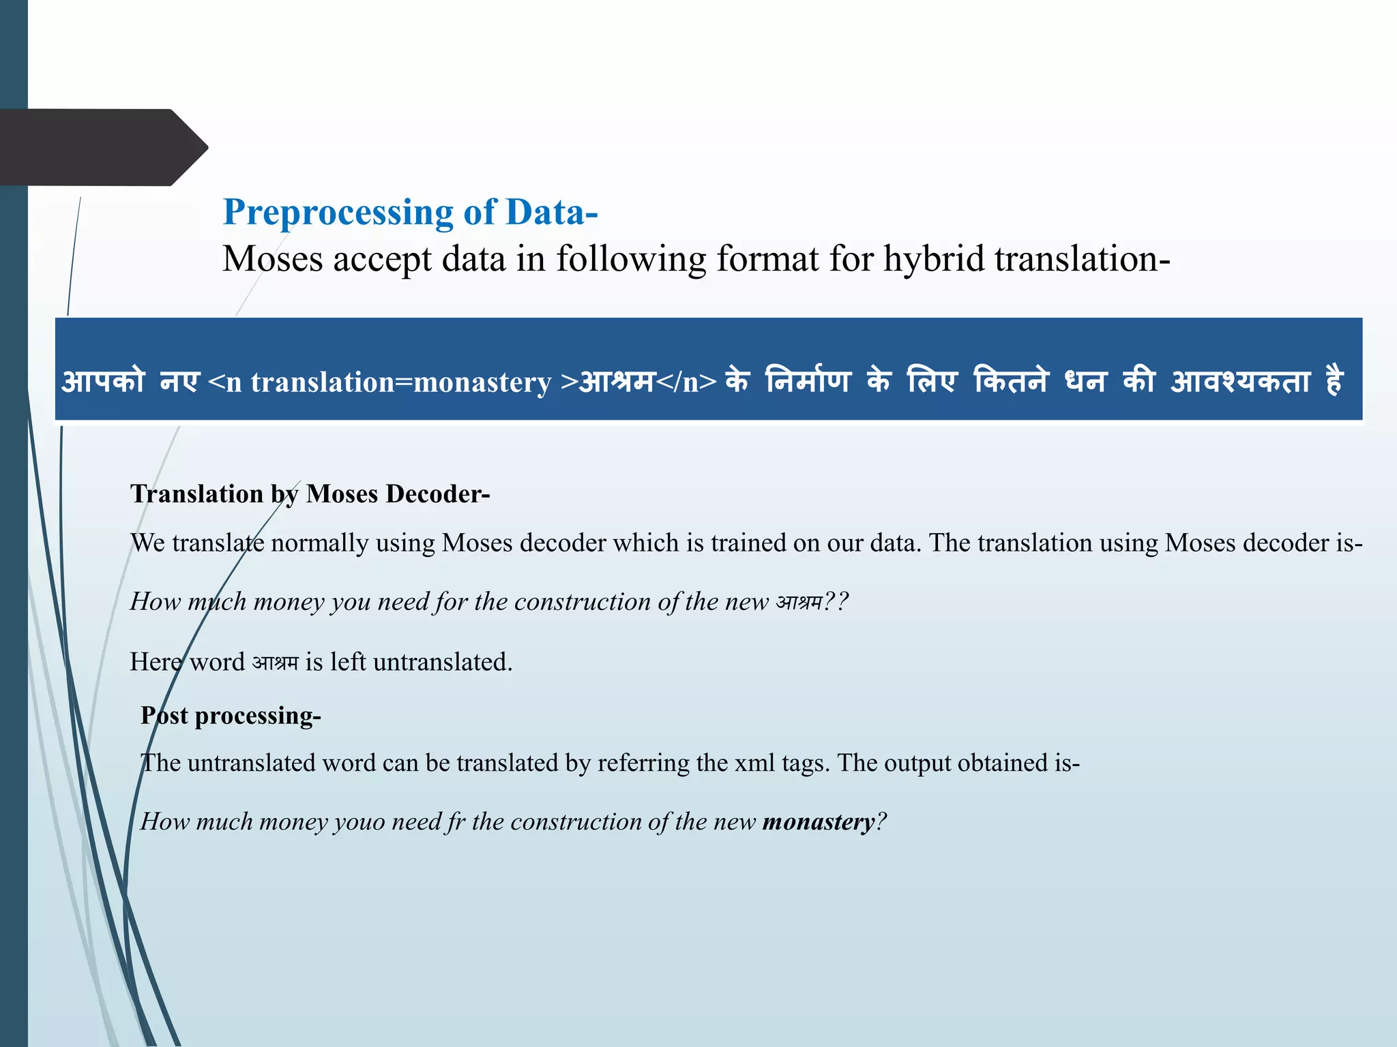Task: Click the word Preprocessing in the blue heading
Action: [x=338, y=213]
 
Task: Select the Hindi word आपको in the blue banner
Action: [x=104, y=381]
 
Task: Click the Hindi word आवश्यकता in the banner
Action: [x=1240, y=381]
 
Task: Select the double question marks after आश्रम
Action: [x=836, y=602]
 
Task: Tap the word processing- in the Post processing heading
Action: [x=258, y=716]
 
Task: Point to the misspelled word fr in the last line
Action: [x=456, y=822]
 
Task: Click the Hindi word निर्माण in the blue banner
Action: [x=808, y=381]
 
